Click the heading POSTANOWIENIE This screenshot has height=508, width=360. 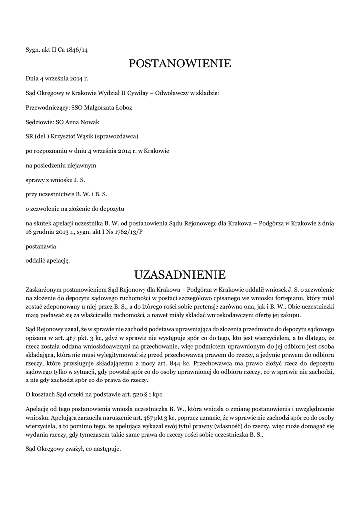tap(180, 63)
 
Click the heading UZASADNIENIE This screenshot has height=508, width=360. tap(180, 274)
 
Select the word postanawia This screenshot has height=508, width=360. tap(41, 246)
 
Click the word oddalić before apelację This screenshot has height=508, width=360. tap(37, 260)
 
